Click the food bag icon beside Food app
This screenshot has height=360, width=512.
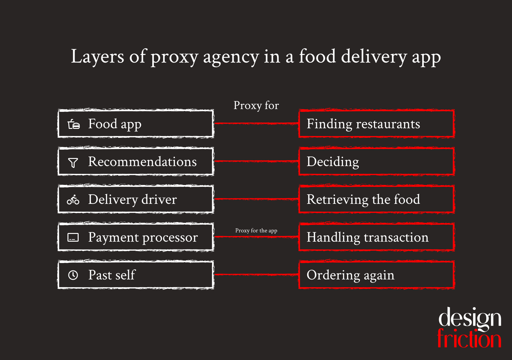pyautogui.click(x=74, y=124)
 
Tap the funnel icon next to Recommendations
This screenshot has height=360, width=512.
pyautogui.click(x=73, y=163)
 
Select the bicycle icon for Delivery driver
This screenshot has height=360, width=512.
pyautogui.click(x=73, y=200)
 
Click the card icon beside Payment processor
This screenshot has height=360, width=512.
pyautogui.click(x=73, y=238)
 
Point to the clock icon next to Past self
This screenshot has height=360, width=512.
pyautogui.click(x=73, y=275)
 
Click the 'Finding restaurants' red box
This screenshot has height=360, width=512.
pyautogui.click(x=376, y=124)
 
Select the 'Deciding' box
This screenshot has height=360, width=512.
pyautogui.click(x=376, y=161)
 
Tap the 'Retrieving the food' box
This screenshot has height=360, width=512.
pyautogui.click(x=376, y=199)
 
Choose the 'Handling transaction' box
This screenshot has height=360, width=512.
pyautogui.click(x=376, y=237)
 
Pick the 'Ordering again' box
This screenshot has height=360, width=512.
pyautogui.click(x=376, y=275)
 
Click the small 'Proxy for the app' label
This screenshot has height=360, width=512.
pyautogui.click(x=256, y=230)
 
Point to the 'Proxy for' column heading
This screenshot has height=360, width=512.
pyautogui.click(x=256, y=106)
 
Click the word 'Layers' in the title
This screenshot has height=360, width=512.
pyautogui.click(x=98, y=57)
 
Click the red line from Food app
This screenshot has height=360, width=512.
pyautogui.click(x=256, y=124)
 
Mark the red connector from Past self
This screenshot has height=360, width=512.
pyautogui.click(x=256, y=275)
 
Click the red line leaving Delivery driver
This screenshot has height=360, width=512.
pyautogui.click(x=256, y=199)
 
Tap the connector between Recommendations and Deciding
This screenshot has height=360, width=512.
pyautogui.click(x=256, y=161)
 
